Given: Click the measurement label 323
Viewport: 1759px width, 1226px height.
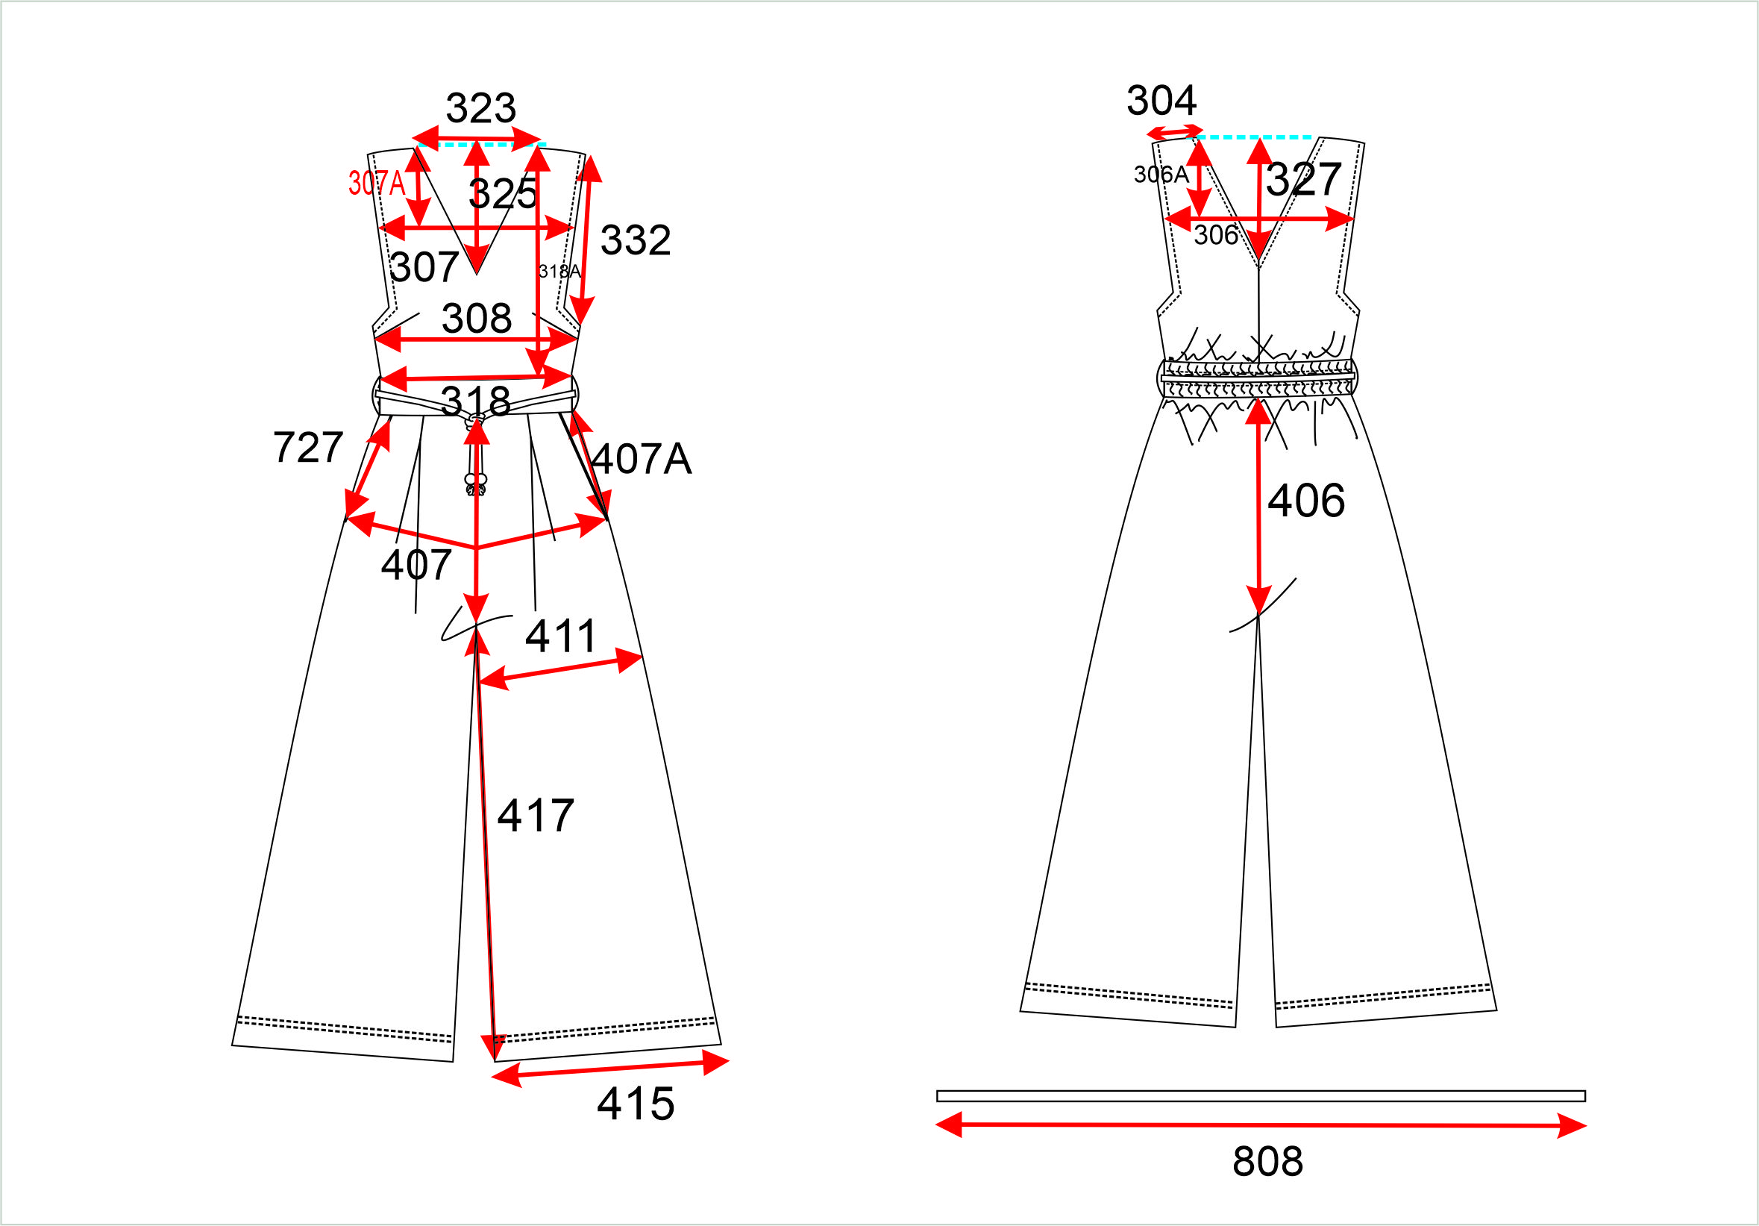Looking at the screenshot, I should pos(480,108).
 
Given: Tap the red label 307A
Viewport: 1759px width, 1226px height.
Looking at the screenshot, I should pos(376,183).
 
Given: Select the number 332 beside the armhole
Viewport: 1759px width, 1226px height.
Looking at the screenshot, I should pos(635,240).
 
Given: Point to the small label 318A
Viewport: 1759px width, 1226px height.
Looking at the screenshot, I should pos(559,272).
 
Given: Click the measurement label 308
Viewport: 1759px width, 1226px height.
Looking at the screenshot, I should pos(477,318).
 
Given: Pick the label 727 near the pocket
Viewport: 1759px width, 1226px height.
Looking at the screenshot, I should pos(308,447).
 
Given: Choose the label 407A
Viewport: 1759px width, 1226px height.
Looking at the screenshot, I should pos(642,459).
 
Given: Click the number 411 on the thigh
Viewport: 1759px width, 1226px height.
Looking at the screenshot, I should pos(561,636).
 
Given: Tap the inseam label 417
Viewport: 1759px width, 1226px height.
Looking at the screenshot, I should pos(536,816).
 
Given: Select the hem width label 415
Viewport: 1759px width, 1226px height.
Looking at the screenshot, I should pos(636,1104).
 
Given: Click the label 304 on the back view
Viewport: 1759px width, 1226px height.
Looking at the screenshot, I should pos(1161,101).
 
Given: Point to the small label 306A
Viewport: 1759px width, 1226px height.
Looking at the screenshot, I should pos(1161,175).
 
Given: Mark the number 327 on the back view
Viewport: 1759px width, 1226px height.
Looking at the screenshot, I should pos(1303,179).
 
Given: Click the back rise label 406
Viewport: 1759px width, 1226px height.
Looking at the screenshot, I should pos(1306,501).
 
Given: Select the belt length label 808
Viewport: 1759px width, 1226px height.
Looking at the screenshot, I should pos(1268,1161).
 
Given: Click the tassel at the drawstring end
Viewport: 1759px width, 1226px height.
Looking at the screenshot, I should pos(476,485).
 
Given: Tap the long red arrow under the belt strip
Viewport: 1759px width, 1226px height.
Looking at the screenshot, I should pos(1261,1125).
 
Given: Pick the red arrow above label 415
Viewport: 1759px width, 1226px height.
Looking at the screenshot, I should pos(609,1069).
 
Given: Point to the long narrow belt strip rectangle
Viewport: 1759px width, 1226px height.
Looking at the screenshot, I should pos(1261,1095).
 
